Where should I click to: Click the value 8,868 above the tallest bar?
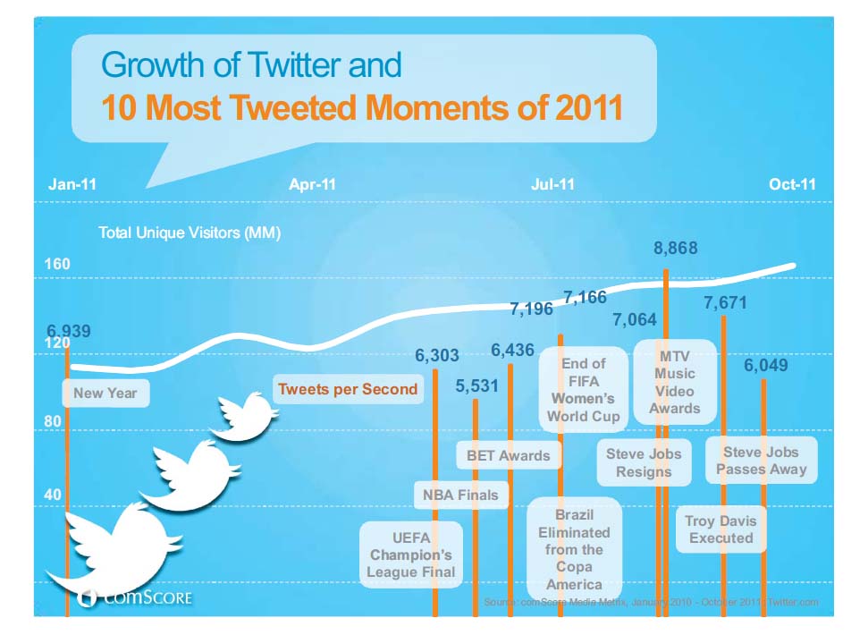tap(675, 249)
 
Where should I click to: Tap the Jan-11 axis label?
tap(72, 184)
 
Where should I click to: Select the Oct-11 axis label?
tap(792, 184)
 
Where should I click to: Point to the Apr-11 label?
tap(312, 184)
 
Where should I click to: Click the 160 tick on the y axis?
tap(57, 265)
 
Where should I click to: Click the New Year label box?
tap(105, 393)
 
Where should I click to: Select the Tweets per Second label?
tap(348, 389)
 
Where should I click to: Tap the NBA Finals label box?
tap(459, 494)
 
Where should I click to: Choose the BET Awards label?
tap(509, 455)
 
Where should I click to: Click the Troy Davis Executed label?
tap(721, 529)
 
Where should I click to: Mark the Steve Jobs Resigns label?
tap(644, 462)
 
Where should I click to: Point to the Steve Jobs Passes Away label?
tap(761, 461)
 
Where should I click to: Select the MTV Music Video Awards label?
tap(674, 381)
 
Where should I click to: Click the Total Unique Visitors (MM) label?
tap(190, 233)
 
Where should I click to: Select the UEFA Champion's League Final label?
tap(411, 555)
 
